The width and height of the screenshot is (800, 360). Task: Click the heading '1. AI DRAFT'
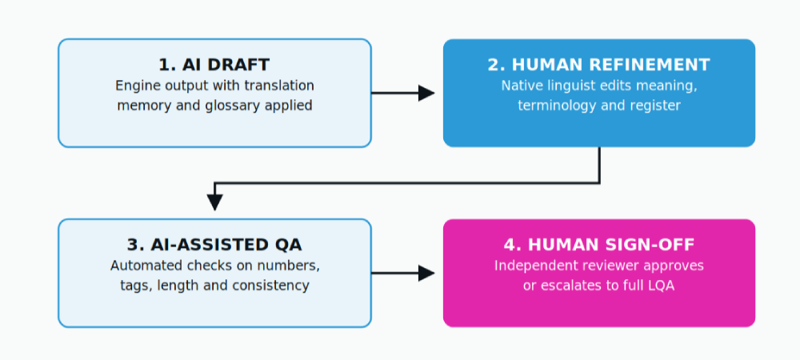(214, 65)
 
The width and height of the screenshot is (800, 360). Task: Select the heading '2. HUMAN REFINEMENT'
(598, 65)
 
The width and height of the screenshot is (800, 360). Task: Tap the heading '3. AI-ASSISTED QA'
(214, 245)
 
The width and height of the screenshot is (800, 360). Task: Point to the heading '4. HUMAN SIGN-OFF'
(598, 245)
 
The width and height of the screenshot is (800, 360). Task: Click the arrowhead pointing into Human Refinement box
(426, 94)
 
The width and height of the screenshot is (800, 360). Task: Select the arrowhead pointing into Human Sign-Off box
(426, 274)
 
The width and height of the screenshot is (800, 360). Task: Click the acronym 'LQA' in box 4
(662, 286)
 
